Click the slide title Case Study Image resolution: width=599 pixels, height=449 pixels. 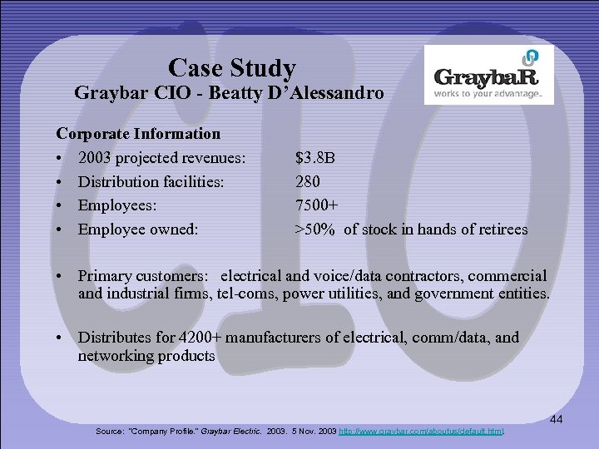[x=231, y=67]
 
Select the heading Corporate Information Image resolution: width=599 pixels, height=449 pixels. [x=138, y=133]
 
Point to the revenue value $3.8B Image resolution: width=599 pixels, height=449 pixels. [x=315, y=157]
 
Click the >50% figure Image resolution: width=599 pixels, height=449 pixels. [x=315, y=229]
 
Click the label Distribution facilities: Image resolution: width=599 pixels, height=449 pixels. [x=151, y=181]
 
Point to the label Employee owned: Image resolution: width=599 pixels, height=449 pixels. [x=138, y=229]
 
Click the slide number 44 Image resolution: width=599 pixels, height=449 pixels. [x=556, y=421]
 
